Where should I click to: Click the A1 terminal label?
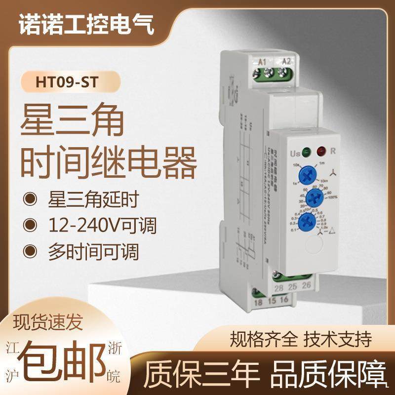(263, 62)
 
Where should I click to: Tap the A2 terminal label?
(285, 62)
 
